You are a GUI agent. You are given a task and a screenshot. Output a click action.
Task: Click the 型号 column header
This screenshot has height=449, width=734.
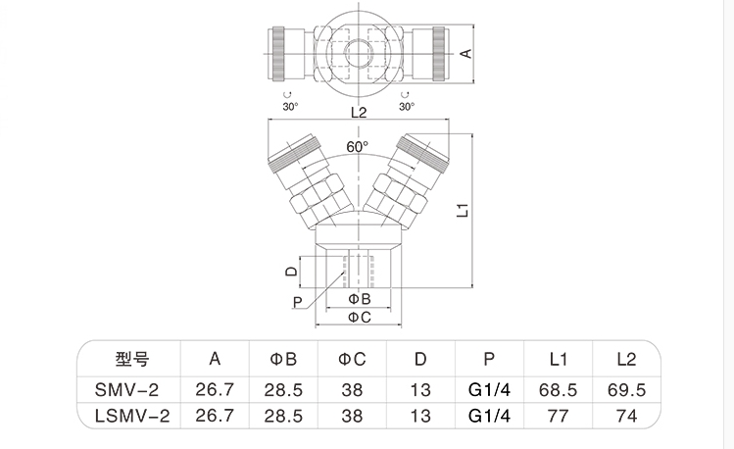(x=131, y=359)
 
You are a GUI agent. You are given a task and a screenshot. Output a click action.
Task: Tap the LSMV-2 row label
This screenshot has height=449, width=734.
(x=131, y=417)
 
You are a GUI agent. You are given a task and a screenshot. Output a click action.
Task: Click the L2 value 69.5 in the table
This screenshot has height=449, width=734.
(x=626, y=389)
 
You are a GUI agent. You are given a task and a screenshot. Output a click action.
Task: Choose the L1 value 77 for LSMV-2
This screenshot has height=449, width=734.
(x=557, y=417)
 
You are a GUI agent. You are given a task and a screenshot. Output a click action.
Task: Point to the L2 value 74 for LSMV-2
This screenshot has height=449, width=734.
(x=626, y=417)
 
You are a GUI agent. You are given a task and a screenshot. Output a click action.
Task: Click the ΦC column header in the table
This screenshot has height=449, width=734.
(x=353, y=359)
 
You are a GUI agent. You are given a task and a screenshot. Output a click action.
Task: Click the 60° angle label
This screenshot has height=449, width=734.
(x=358, y=147)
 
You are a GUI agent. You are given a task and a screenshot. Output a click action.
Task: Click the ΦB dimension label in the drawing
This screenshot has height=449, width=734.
(x=359, y=298)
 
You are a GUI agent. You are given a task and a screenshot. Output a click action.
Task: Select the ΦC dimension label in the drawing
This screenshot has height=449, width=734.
(x=359, y=317)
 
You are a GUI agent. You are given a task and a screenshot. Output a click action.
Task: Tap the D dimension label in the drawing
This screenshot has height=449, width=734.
(x=290, y=270)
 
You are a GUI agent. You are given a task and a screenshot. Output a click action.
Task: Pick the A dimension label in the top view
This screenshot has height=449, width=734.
(x=467, y=54)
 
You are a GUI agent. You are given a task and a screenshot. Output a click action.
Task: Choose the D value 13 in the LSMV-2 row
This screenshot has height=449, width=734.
(x=420, y=417)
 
